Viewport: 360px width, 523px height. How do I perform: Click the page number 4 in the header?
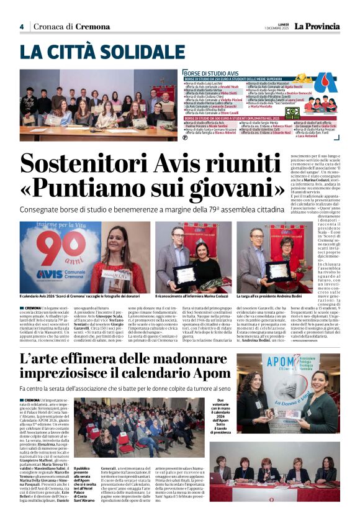(21, 27)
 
